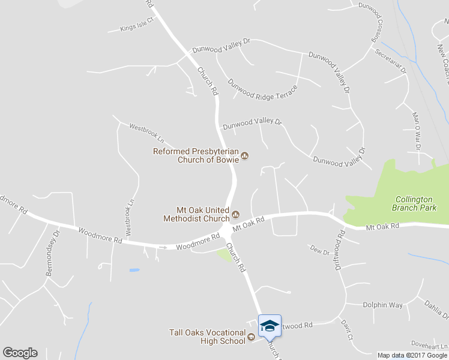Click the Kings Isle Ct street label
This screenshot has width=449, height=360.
tap(137, 26)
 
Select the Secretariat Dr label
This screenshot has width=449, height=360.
tap(391, 61)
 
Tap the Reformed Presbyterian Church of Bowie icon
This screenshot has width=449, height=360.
tap(245, 157)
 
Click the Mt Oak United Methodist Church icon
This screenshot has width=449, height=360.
tap(235, 214)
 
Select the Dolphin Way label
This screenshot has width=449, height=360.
tap(382, 305)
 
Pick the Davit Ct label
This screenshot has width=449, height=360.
tap(346, 330)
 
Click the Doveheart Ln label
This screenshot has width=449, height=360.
tap(429, 346)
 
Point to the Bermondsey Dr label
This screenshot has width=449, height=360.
tap(52, 252)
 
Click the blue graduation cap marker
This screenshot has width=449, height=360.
tap(270, 325)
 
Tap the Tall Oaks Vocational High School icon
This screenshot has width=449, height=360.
tap(252, 337)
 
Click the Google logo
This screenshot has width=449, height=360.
tap(20, 353)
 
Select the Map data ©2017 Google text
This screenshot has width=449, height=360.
tap(412, 355)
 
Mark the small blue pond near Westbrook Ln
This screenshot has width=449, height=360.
tap(134, 270)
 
